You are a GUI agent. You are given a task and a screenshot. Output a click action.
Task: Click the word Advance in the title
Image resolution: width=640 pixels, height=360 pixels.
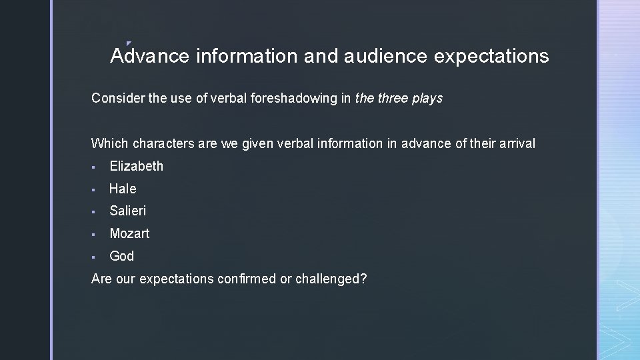[x=150, y=56]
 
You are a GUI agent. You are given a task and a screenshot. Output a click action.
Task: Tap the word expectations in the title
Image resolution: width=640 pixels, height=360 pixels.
[x=491, y=56]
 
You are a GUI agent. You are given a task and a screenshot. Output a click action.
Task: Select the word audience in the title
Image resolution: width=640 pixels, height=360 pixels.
[x=385, y=56]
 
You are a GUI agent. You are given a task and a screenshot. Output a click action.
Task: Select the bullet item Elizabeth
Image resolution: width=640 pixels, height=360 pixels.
[x=136, y=166]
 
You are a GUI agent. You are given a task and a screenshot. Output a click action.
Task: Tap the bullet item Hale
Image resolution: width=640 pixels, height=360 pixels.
[x=123, y=189]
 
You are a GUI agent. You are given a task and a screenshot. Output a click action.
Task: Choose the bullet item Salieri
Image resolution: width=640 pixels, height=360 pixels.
[x=127, y=211]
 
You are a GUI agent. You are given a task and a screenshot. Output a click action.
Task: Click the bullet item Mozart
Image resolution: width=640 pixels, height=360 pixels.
[x=129, y=233]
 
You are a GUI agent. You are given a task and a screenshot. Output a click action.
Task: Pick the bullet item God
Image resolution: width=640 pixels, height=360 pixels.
[x=121, y=256]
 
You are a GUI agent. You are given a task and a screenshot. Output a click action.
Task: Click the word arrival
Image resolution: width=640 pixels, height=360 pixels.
[x=515, y=143]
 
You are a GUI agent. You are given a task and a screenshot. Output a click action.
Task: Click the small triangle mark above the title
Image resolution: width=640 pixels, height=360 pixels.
[x=128, y=44]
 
